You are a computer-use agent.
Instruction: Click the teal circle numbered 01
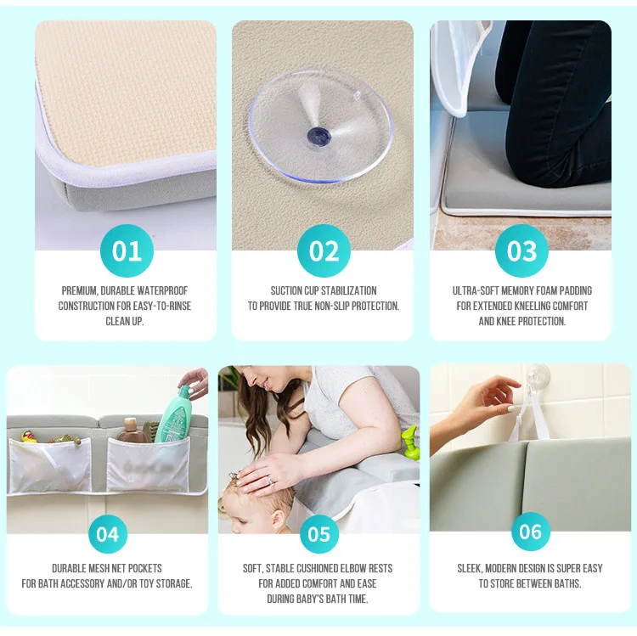click(127, 251)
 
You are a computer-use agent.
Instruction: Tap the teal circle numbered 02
click(324, 251)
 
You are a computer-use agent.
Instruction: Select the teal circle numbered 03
click(521, 251)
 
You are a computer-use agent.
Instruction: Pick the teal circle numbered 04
click(107, 534)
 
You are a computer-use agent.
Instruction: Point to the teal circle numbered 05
click(318, 534)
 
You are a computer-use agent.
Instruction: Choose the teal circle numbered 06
click(530, 532)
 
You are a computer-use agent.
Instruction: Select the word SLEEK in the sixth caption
click(472, 568)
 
